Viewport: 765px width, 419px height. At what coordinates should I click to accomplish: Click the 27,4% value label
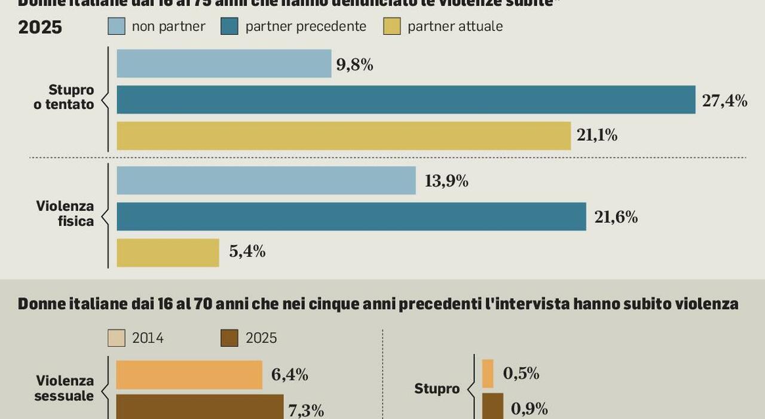(x=724, y=101)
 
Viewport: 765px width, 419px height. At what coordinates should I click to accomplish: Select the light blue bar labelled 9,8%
(x=224, y=63)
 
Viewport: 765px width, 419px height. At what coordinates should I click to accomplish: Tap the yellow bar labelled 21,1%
(x=343, y=136)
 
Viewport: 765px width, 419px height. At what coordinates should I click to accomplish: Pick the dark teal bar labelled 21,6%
(x=351, y=216)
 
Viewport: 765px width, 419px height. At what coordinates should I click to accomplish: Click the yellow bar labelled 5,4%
(x=168, y=252)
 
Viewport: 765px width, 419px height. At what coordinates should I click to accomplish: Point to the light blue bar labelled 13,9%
(x=266, y=180)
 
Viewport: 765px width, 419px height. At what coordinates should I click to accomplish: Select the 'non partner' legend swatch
(x=117, y=26)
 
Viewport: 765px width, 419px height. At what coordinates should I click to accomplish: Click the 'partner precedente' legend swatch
(x=229, y=26)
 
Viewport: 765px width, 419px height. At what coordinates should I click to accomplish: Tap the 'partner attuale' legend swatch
(x=392, y=26)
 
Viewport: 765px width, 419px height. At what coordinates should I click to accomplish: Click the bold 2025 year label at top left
(x=40, y=27)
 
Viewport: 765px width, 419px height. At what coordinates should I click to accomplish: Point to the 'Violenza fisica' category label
(x=65, y=213)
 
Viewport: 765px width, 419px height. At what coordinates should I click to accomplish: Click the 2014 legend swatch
(x=117, y=338)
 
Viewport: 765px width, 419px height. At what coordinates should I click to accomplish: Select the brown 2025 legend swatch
(x=229, y=338)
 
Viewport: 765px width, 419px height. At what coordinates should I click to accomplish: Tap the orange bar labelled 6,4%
(x=189, y=375)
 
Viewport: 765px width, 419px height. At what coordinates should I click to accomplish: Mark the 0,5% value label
(x=521, y=374)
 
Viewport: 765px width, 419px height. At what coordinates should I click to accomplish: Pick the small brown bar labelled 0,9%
(x=492, y=406)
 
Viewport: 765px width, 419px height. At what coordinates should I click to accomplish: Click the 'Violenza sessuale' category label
(x=65, y=388)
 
